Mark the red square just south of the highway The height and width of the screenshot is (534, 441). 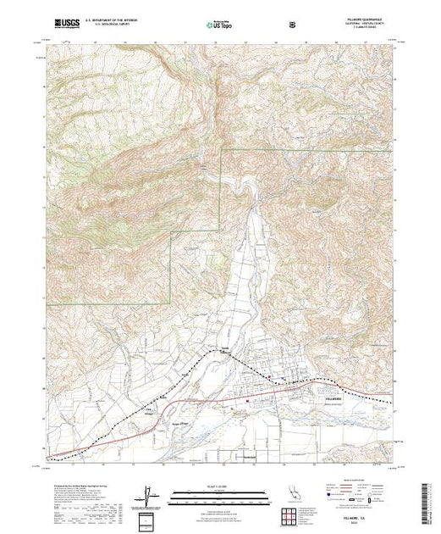pos(247,396)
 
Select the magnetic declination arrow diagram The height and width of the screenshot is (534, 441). pos(149,495)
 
